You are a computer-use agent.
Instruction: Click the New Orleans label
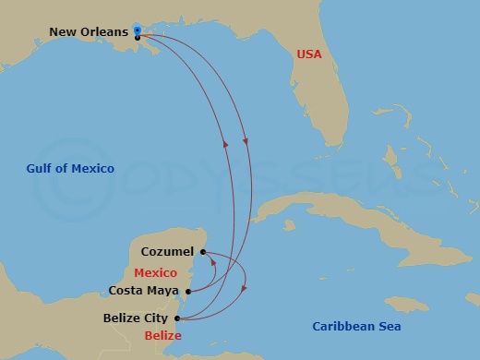[x=89, y=32]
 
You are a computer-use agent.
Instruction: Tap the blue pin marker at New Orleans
[x=137, y=31]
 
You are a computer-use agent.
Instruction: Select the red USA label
[x=309, y=54]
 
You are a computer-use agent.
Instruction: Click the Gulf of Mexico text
[x=70, y=168]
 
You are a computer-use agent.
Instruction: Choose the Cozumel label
[x=167, y=251]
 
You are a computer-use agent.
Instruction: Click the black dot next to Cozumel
[x=202, y=251]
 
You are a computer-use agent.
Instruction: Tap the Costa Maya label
[x=144, y=290]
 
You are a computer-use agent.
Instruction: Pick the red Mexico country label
[x=155, y=273]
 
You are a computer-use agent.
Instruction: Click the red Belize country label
[x=162, y=336]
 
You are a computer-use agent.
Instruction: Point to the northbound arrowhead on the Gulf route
[x=224, y=142]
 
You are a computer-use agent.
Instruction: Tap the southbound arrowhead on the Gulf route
[x=246, y=141]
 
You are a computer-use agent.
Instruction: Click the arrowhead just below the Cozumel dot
[x=213, y=262]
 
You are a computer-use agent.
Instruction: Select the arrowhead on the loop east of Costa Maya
[x=244, y=289]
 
